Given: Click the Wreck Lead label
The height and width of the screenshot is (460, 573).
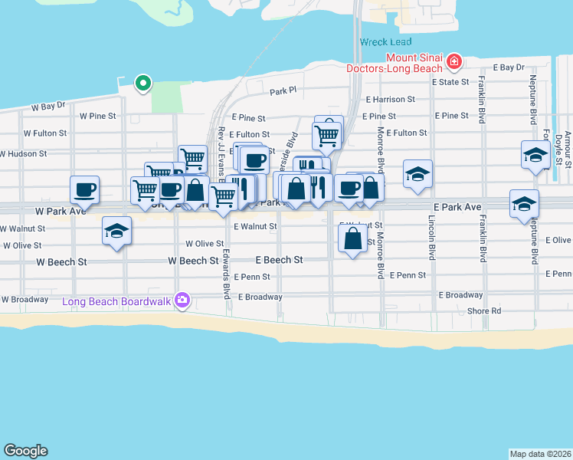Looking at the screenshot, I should coord(385,42).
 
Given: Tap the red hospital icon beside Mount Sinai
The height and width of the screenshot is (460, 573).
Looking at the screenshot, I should coord(454,61).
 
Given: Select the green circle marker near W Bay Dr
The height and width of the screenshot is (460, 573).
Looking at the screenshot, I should coord(142,83).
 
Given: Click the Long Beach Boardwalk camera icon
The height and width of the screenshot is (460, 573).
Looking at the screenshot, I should coord(182,300).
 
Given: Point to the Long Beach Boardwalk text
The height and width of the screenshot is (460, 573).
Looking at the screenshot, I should coord(118,301).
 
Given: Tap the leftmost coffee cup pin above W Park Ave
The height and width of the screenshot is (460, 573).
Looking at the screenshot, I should coord(85,189).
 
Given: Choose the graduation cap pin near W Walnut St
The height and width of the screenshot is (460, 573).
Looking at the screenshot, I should coord(116,230).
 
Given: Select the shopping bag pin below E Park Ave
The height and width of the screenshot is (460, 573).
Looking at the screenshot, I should coord(352,239).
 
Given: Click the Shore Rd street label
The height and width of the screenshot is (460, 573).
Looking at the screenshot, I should coord(484,310).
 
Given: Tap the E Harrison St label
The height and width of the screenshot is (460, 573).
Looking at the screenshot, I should coord(390,100).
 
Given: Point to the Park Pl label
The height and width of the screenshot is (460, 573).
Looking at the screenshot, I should coord(283,91).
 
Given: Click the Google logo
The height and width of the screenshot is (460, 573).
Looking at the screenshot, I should coord(25,451).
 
